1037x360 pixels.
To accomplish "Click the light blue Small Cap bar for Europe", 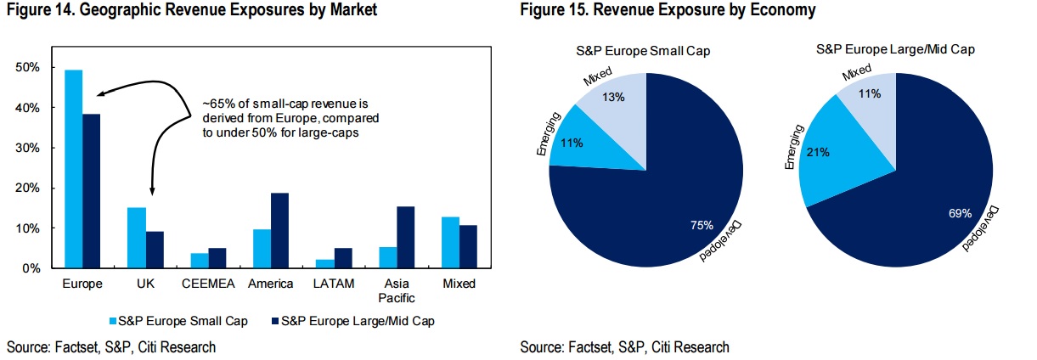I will [74, 169].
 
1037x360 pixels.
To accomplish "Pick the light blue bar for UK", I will [137, 238].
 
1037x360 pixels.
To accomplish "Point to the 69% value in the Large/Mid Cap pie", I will [960, 214].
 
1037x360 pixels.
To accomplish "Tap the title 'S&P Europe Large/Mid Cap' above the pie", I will [894, 50].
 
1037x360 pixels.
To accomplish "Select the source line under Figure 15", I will [624, 346].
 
